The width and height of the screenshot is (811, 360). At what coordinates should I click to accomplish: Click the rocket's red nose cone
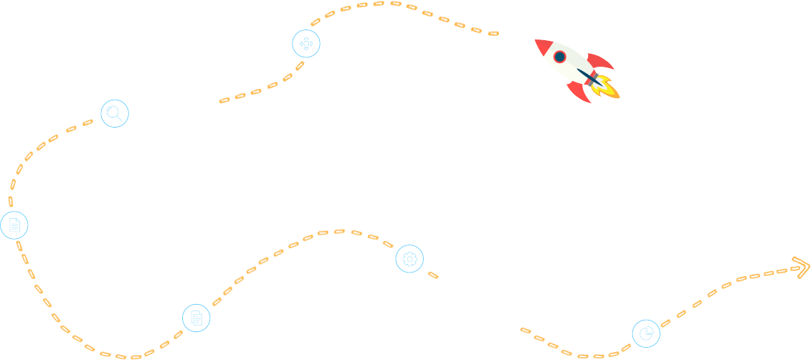[543, 46]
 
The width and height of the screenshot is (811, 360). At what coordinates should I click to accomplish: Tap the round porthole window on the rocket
[560, 57]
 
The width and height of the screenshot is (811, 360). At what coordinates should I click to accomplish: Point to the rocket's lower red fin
[579, 93]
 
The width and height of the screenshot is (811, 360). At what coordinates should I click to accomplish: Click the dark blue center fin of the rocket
[589, 77]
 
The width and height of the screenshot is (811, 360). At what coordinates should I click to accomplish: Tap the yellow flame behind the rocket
[608, 88]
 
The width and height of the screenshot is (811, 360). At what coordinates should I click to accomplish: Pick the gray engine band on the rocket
[594, 78]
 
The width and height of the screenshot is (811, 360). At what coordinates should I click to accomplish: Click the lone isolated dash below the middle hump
[433, 275]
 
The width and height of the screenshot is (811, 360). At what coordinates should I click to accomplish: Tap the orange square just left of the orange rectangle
[726, 285]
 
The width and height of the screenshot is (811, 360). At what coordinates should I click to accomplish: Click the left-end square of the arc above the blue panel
[316, 22]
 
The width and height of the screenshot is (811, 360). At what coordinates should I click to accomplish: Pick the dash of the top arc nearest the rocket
[493, 33]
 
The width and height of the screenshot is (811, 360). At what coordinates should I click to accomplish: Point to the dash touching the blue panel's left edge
[10, 202]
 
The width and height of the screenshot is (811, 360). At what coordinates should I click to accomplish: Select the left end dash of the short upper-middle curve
[224, 100]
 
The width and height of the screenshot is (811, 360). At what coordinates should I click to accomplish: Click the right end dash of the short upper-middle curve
[300, 65]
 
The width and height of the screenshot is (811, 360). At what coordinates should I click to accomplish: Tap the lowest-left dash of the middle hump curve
[217, 302]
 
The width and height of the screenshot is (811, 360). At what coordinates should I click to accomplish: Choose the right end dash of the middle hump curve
[388, 245]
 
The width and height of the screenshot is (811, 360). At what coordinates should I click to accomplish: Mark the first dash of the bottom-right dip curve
[526, 331]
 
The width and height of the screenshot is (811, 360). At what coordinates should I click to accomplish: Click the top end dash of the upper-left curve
[87, 123]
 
